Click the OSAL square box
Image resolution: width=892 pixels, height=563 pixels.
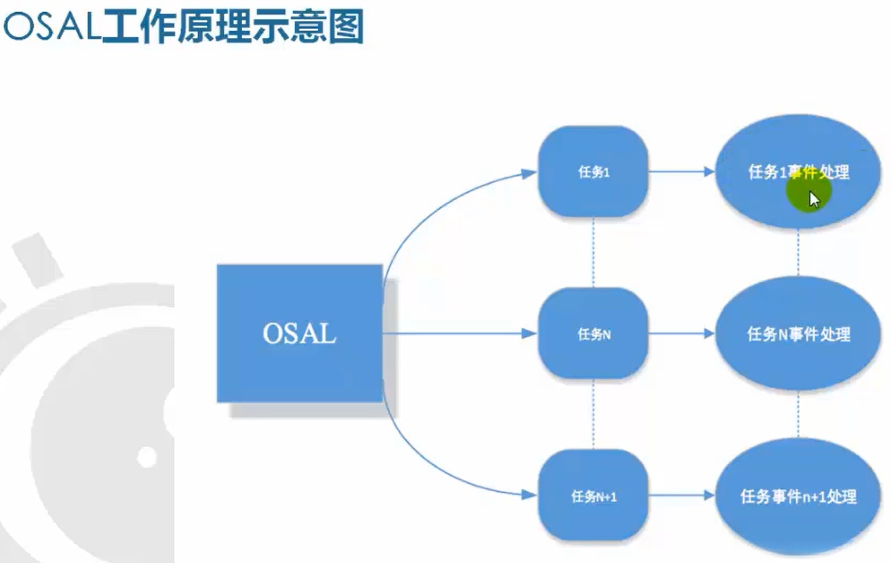(x=299, y=333)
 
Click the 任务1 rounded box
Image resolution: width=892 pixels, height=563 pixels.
(x=593, y=172)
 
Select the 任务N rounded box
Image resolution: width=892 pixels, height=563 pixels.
(x=593, y=334)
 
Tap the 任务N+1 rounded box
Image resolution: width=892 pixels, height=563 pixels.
(x=593, y=496)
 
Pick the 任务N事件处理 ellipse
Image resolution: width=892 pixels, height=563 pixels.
(x=798, y=334)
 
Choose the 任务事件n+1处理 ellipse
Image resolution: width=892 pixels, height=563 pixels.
(x=798, y=496)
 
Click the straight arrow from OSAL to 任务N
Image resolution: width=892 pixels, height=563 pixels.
(x=458, y=334)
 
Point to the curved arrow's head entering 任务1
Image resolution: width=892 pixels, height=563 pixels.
(x=529, y=173)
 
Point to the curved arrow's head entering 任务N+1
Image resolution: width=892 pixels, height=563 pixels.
(x=529, y=495)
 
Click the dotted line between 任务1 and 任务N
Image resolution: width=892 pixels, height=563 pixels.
(x=593, y=252)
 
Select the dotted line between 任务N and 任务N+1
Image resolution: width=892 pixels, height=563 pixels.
(x=593, y=414)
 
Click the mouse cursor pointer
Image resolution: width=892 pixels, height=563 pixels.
(x=814, y=198)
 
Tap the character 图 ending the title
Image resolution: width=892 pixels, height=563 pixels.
(x=345, y=28)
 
